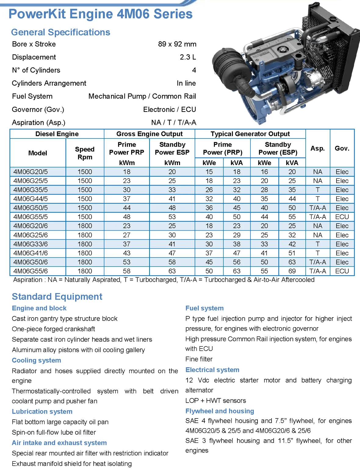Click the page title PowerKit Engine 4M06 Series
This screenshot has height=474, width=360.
100,14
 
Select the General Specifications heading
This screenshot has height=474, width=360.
60,32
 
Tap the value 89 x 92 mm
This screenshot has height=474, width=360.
177,44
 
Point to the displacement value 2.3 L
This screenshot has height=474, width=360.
188,57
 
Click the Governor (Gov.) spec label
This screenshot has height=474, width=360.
38,109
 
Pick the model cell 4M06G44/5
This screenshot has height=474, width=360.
31,199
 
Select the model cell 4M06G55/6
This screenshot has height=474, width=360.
31,271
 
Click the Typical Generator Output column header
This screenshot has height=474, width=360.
250,134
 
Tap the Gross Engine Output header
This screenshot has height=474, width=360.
149,134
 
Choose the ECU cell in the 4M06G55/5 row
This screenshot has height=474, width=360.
342,217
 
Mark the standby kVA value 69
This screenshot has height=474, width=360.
292,271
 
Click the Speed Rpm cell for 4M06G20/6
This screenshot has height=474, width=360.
85,226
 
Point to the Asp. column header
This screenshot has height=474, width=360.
317,148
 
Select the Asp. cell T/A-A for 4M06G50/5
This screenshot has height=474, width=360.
317,208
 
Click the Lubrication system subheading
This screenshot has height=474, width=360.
42,411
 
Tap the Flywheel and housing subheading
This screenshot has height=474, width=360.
220,411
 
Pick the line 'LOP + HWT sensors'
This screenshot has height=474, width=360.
215,400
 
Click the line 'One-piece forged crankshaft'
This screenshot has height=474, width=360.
53,329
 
